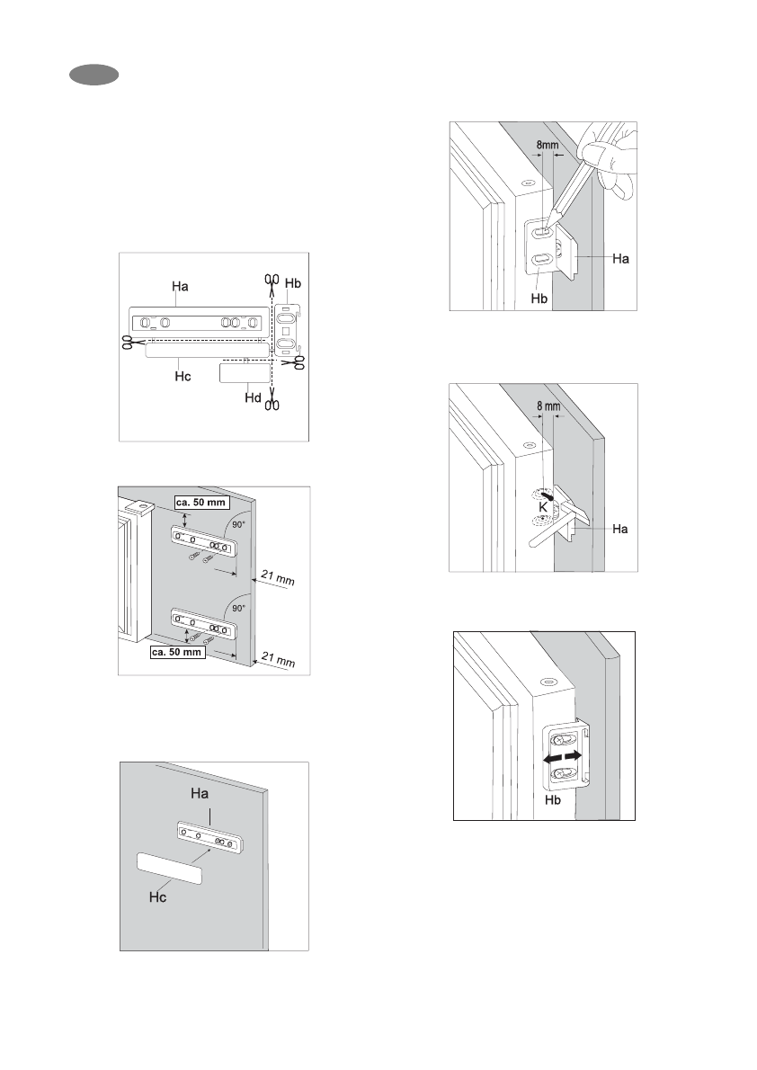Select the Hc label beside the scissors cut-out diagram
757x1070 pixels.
183,379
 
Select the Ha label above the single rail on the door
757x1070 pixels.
199,795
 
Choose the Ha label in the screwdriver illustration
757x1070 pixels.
620,258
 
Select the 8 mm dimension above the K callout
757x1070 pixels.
548,406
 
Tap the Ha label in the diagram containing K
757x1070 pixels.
619,530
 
